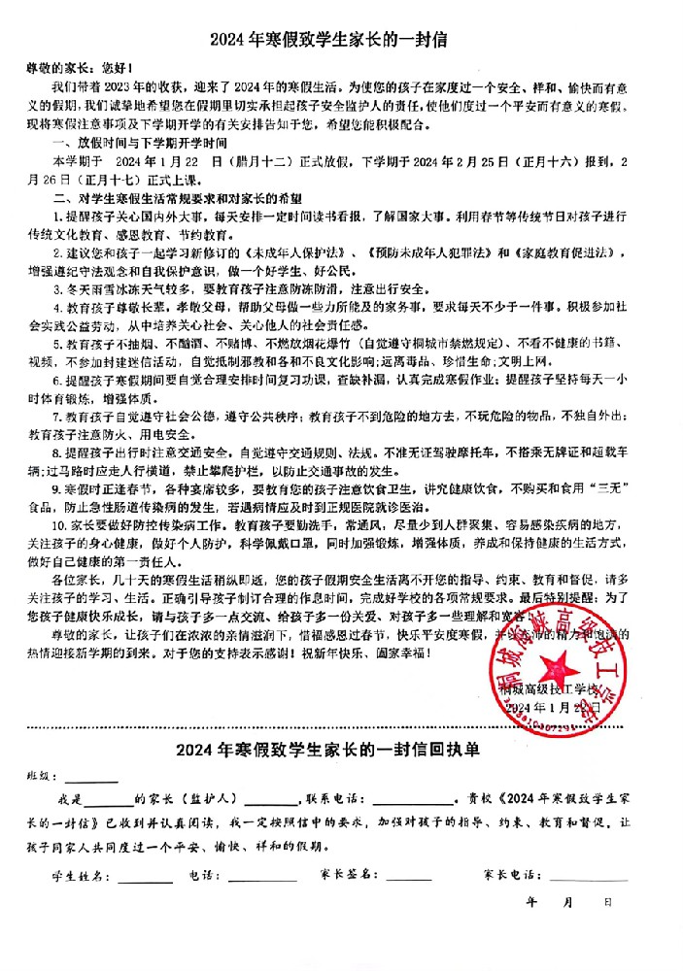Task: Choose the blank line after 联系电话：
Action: click(x=413, y=804)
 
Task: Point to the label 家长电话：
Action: click(x=515, y=875)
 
